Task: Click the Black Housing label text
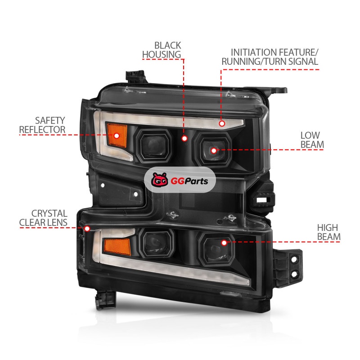(162, 50)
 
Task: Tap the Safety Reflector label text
(42, 125)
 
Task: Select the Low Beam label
(312, 140)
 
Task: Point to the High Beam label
(328, 232)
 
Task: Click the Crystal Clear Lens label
(43, 218)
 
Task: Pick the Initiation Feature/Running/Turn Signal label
(270, 57)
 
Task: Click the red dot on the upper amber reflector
(117, 136)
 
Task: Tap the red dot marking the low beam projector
(214, 151)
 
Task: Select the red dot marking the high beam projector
(224, 243)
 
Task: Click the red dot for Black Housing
(184, 139)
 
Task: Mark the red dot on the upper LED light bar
(222, 123)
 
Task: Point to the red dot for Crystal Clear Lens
(87, 229)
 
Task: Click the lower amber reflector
(117, 247)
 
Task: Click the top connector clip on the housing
(135, 77)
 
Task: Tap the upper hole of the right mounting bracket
(294, 260)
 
